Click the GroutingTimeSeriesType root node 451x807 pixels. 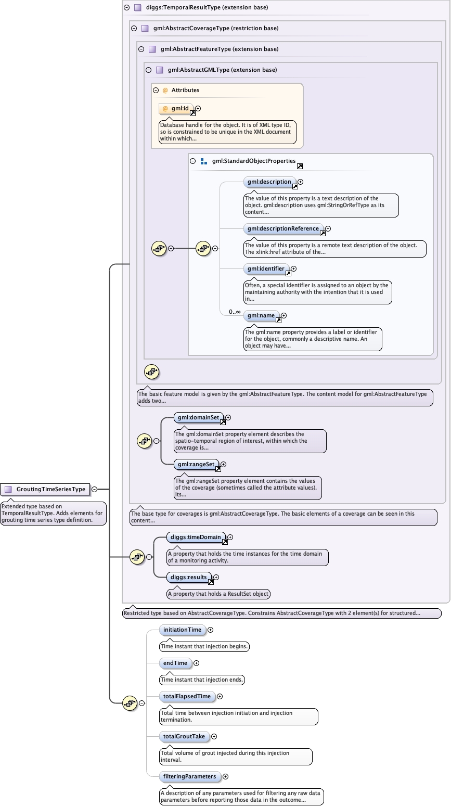coord(50,489)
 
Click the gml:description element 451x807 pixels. coord(269,182)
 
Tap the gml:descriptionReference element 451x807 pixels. coord(283,228)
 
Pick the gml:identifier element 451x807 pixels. coord(266,269)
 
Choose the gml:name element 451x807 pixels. coord(261,315)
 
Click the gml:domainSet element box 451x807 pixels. coord(198,417)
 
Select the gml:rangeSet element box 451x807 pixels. coord(196,464)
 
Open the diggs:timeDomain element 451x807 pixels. coord(196,537)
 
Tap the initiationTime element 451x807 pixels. coord(182,630)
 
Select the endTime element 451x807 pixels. coord(175,663)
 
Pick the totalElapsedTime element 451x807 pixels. coord(187,696)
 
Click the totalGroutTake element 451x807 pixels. coord(184,736)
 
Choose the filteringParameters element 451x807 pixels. coord(189,776)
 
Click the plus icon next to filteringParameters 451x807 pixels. coord(226,776)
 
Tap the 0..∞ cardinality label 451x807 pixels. coord(235,312)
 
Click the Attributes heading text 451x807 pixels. coord(185,90)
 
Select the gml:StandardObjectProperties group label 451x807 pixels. coord(253,161)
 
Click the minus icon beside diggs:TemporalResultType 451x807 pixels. coord(126,8)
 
